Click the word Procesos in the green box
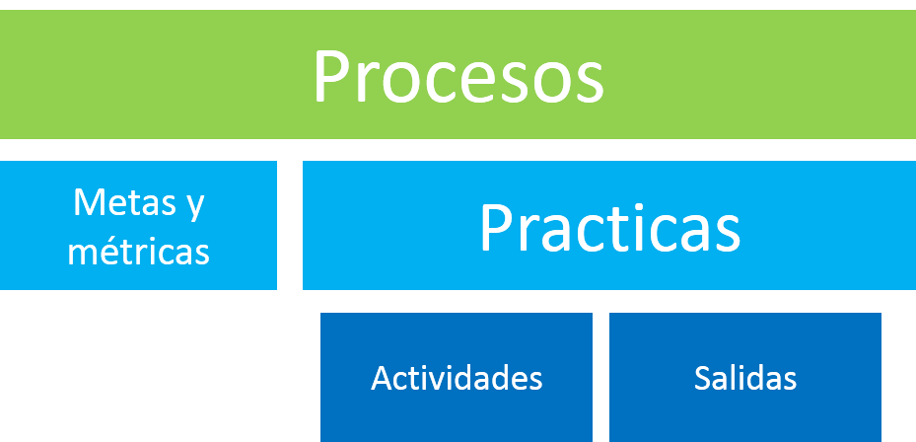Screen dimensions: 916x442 point(458,76)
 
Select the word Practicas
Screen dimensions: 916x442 point(609,228)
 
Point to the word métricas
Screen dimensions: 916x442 point(138,251)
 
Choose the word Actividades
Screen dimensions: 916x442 point(457,378)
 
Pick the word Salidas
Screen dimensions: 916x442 point(745,378)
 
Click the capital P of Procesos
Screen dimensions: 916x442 point(332,76)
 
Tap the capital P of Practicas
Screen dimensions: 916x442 point(497,228)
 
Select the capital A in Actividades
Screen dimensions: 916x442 point(382,378)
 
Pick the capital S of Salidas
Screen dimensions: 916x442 point(703,378)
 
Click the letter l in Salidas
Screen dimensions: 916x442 point(736,377)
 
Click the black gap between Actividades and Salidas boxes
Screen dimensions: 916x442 point(600,378)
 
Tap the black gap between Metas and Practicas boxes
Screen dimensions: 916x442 point(290,225)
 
